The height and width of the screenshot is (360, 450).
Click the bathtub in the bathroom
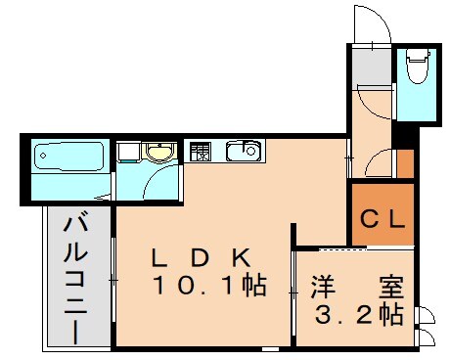68,157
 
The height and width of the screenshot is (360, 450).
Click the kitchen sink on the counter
243,152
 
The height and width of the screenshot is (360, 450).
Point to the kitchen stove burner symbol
200,152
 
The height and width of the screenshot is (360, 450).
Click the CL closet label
382,221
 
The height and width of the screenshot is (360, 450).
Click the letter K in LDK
244,258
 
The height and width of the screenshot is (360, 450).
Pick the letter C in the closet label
370,221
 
